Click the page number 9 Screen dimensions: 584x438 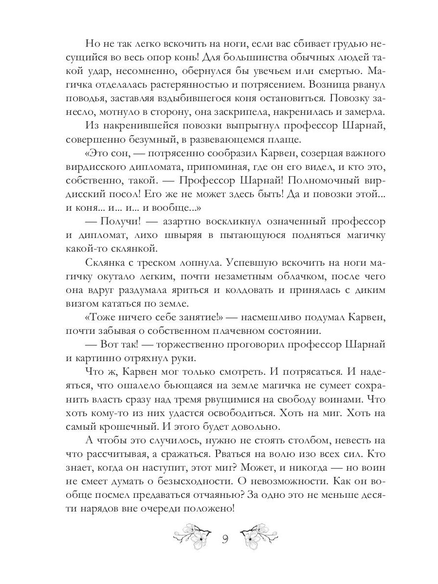(225, 539)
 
